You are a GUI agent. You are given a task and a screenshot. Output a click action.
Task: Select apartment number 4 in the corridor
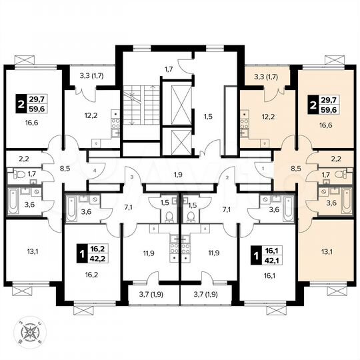pos(95,170)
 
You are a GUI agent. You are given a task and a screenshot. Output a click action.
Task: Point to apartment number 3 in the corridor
pos(132,177)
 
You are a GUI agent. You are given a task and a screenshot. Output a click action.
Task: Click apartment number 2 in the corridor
pos(227,177)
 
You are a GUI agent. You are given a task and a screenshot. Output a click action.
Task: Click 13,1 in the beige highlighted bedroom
pos(325,251)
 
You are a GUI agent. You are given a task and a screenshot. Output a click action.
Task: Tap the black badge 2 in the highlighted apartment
pos(312,104)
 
